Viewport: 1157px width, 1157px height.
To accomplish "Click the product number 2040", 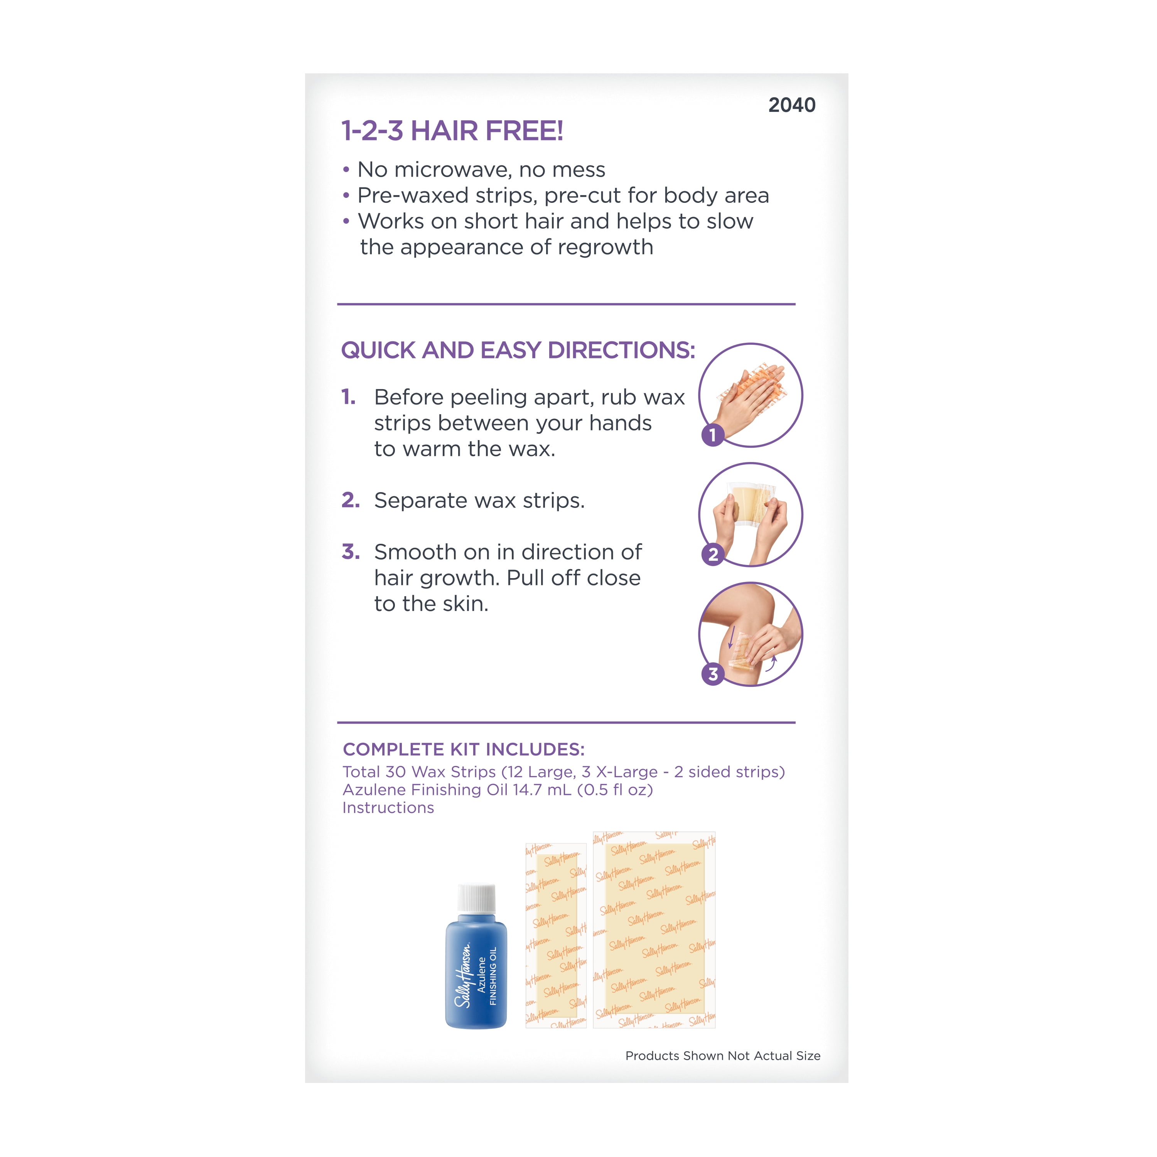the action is pos(792,105).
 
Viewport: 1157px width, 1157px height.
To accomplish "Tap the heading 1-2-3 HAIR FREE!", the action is pos(452,131).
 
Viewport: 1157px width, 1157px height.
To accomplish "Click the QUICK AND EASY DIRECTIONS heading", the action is pos(518,350).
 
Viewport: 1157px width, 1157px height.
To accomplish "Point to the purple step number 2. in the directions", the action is pos(350,500).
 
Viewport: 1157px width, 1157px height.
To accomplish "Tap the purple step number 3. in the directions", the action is pos(350,552).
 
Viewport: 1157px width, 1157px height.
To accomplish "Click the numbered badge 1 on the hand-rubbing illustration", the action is pos(713,435).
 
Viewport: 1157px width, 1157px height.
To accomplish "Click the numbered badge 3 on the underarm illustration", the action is pos(713,674).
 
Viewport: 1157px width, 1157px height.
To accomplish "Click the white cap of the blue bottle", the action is pos(477,898).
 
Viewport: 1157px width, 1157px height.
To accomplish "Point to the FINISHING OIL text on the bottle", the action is pos(493,976).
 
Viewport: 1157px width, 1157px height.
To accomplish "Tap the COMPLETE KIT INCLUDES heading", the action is pos(464,749).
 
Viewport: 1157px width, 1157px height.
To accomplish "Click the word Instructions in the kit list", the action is pos(388,808).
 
